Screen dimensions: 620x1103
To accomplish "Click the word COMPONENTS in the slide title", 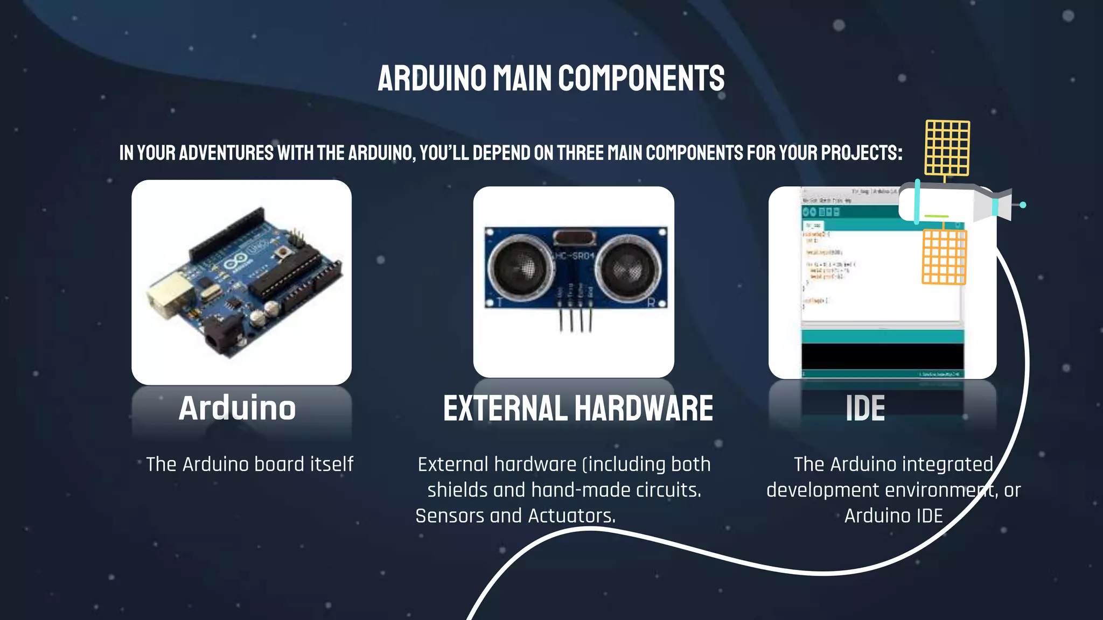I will click(x=641, y=79).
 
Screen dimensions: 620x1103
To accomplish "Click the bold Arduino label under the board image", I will click(x=238, y=408).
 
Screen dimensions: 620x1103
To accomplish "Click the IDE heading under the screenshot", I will click(x=865, y=408).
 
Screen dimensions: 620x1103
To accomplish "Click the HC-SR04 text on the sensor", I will click(x=574, y=256).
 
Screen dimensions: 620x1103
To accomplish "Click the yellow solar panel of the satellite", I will click(x=947, y=147).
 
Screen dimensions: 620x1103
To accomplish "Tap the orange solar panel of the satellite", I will click(x=944, y=257).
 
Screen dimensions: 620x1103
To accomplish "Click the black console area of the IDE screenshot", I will click(x=882, y=356).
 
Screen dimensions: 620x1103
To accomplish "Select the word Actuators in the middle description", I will click(x=571, y=516).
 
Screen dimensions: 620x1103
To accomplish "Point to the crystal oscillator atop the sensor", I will click(x=574, y=237).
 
